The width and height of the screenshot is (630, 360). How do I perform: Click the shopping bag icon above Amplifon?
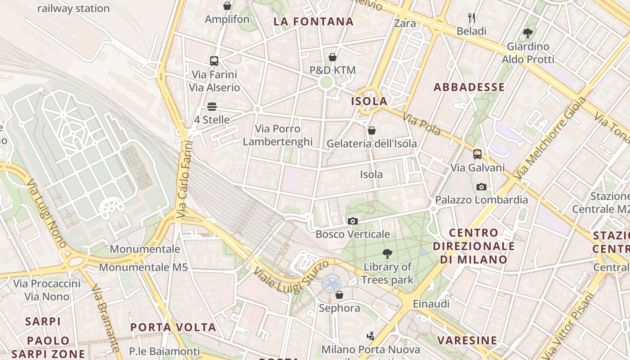(x=227, y=6)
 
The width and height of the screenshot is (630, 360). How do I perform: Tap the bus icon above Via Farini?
(x=214, y=61)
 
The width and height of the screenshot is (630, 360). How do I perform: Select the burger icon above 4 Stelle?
(x=212, y=107)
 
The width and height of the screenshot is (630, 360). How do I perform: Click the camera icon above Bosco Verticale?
(x=353, y=221)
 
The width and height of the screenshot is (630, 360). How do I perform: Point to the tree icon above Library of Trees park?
(x=387, y=254)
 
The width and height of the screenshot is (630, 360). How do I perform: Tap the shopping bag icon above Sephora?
(x=339, y=295)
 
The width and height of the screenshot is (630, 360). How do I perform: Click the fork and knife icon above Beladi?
(x=472, y=18)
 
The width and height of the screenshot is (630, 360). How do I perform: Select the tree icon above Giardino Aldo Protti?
(x=528, y=33)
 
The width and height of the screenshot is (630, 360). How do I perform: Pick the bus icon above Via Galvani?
(x=477, y=154)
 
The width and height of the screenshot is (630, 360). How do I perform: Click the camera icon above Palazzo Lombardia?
(x=481, y=187)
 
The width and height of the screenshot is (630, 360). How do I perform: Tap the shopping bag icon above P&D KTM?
(x=333, y=57)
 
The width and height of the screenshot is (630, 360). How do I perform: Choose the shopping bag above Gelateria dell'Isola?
(x=372, y=130)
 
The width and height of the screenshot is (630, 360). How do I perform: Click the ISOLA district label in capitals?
(x=369, y=101)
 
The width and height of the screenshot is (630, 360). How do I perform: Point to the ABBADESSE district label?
(x=469, y=87)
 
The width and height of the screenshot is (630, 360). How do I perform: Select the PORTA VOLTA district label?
(x=173, y=327)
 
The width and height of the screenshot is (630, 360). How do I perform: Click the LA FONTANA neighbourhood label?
(x=314, y=22)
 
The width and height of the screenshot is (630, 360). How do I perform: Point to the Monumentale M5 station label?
(x=143, y=267)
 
